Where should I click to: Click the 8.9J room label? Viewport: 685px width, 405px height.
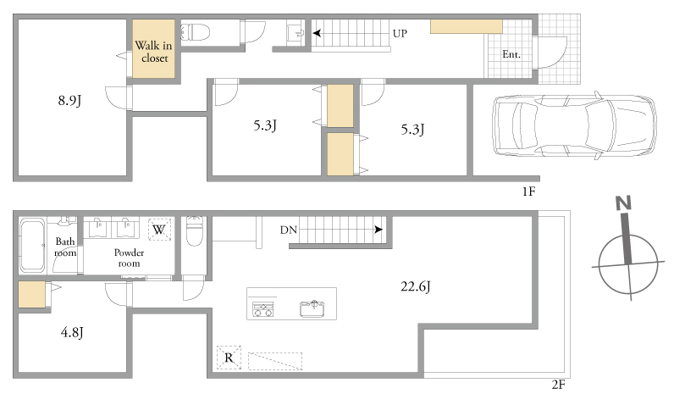pyautogui.click(x=70, y=101)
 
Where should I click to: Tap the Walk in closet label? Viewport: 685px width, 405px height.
pyautogui.click(x=153, y=52)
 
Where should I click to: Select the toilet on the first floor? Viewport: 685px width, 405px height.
pyautogui.click(x=196, y=32)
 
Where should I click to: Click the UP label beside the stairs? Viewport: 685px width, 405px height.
pyautogui.click(x=400, y=33)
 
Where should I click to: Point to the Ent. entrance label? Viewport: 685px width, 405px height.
pyautogui.click(x=511, y=54)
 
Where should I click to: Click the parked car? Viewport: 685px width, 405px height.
pyautogui.click(x=574, y=125)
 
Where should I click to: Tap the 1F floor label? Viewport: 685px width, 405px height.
pyautogui.click(x=528, y=191)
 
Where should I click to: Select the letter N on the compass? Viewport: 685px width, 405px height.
pyautogui.click(x=623, y=203)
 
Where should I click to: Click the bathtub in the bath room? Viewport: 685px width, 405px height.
pyautogui.click(x=32, y=246)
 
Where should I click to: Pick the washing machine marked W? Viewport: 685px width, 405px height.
pyautogui.click(x=159, y=230)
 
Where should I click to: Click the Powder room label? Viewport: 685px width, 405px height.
pyautogui.click(x=129, y=258)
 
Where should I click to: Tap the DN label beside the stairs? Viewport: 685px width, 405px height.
pyautogui.click(x=289, y=230)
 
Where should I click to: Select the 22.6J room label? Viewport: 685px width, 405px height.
pyautogui.click(x=416, y=287)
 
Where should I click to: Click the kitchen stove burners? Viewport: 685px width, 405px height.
pyautogui.click(x=263, y=309)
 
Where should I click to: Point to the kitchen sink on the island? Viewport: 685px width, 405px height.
pyautogui.click(x=312, y=308)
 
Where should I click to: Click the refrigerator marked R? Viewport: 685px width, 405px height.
pyautogui.click(x=229, y=358)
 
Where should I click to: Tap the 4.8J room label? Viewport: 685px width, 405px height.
pyautogui.click(x=72, y=332)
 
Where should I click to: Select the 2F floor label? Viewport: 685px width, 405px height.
pyautogui.click(x=558, y=385)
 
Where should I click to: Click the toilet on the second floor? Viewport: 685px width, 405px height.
pyautogui.click(x=195, y=231)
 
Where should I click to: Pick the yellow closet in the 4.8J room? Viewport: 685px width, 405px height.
pyautogui.click(x=32, y=294)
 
